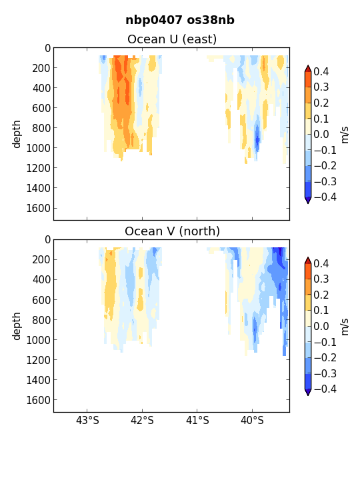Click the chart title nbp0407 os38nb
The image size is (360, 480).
[180, 20]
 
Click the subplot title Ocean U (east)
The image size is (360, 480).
[172, 39]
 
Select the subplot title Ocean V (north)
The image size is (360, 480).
[173, 231]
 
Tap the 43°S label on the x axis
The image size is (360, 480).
[87, 420]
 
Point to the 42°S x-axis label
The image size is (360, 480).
[142, 420]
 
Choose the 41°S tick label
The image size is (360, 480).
[197, 420]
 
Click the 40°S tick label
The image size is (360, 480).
[252, 420]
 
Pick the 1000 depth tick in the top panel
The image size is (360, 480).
[39, 148]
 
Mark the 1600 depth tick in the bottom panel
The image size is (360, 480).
[39, 400]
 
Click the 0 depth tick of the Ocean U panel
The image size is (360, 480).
[48, 49]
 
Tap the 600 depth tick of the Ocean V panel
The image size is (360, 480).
[41, 300]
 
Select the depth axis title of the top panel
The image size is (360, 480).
[16, 134]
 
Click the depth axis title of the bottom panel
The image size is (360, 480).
[16, 326]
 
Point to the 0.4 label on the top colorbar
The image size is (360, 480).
[321, 71]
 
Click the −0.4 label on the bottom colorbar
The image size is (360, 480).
[325, 389]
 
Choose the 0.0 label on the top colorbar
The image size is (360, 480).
[321, 134]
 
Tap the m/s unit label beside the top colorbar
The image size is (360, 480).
[345, 135]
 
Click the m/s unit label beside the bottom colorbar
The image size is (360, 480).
[345, 327]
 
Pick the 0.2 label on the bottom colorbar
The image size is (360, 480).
[321, 295]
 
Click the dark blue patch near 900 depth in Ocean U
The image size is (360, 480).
[257, 139]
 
